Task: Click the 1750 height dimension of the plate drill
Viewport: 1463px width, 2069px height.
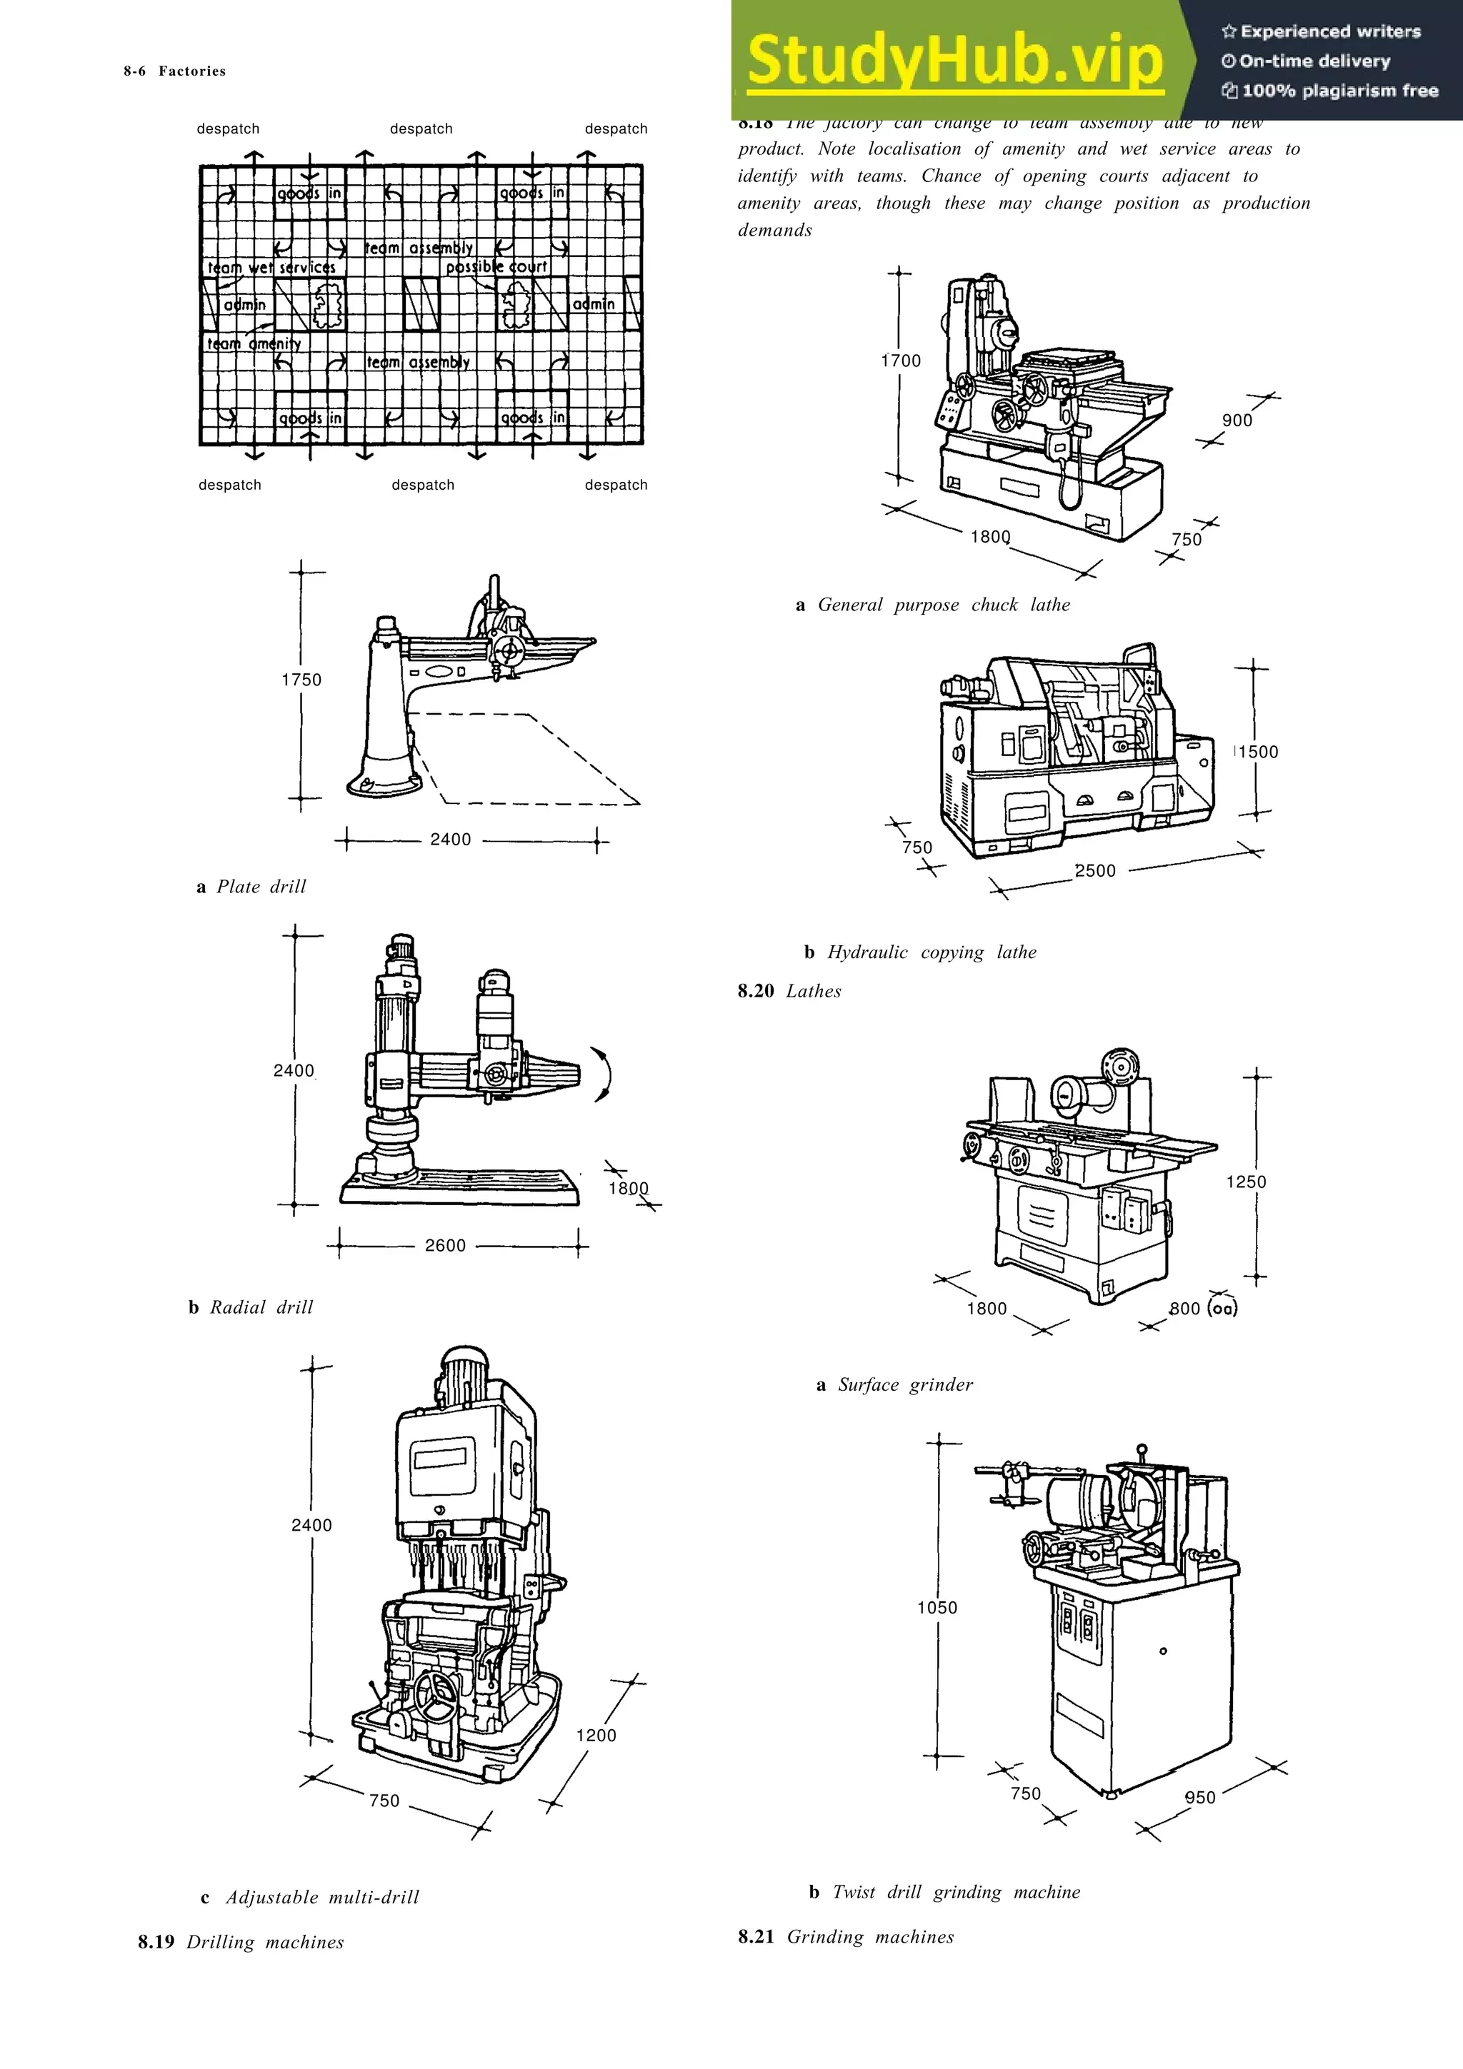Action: tap(301, 680)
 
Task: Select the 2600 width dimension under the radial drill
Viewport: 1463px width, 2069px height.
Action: tap(445, 1245)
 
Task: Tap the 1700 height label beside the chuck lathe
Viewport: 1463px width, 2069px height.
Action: tap(901, 361)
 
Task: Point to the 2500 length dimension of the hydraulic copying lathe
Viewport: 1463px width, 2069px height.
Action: tap(1095, 870)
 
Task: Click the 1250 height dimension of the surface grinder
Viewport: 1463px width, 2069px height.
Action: tap(1246, 1182)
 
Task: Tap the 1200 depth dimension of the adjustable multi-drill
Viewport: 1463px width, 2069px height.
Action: tap(596, 1735)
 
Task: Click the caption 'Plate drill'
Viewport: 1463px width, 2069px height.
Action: tap(261, 887)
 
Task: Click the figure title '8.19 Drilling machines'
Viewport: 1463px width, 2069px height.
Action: tap(241, 1942)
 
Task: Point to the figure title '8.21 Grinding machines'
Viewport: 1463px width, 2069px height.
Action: tap(846, 1936)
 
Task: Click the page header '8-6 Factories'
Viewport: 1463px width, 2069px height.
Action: tap(175, 71)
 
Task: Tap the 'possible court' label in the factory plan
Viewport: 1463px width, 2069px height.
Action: tap(496, 267)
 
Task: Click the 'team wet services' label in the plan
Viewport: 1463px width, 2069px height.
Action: tap(271, 268)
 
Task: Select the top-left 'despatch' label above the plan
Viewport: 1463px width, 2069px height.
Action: tap(228, 129)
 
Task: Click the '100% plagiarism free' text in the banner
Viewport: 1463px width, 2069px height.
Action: tap(1339, 91)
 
